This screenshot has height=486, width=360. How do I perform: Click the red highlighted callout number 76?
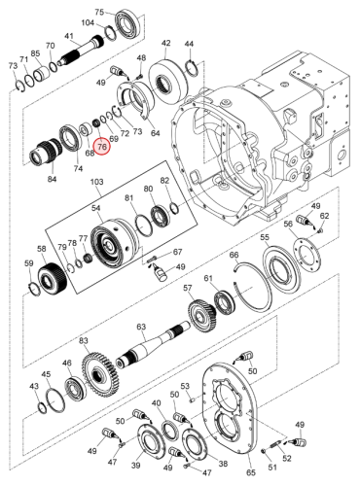pos(102,147)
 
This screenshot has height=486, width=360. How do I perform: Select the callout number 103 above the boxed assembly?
pos(96,182)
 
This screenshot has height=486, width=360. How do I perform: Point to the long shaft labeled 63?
pos(154,344)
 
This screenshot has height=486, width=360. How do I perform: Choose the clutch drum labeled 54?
pos(114,245)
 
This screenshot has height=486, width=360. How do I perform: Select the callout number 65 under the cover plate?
pos(251,472)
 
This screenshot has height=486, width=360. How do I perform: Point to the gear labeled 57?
pos(201,315)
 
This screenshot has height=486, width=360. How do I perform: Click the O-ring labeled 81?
pos(143,226)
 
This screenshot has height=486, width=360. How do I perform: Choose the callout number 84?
pos(52,179)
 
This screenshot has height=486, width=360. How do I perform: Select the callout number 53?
pos(185,386)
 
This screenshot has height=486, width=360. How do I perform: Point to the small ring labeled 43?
pos(42,407)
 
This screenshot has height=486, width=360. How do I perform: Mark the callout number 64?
pos(156,133)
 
